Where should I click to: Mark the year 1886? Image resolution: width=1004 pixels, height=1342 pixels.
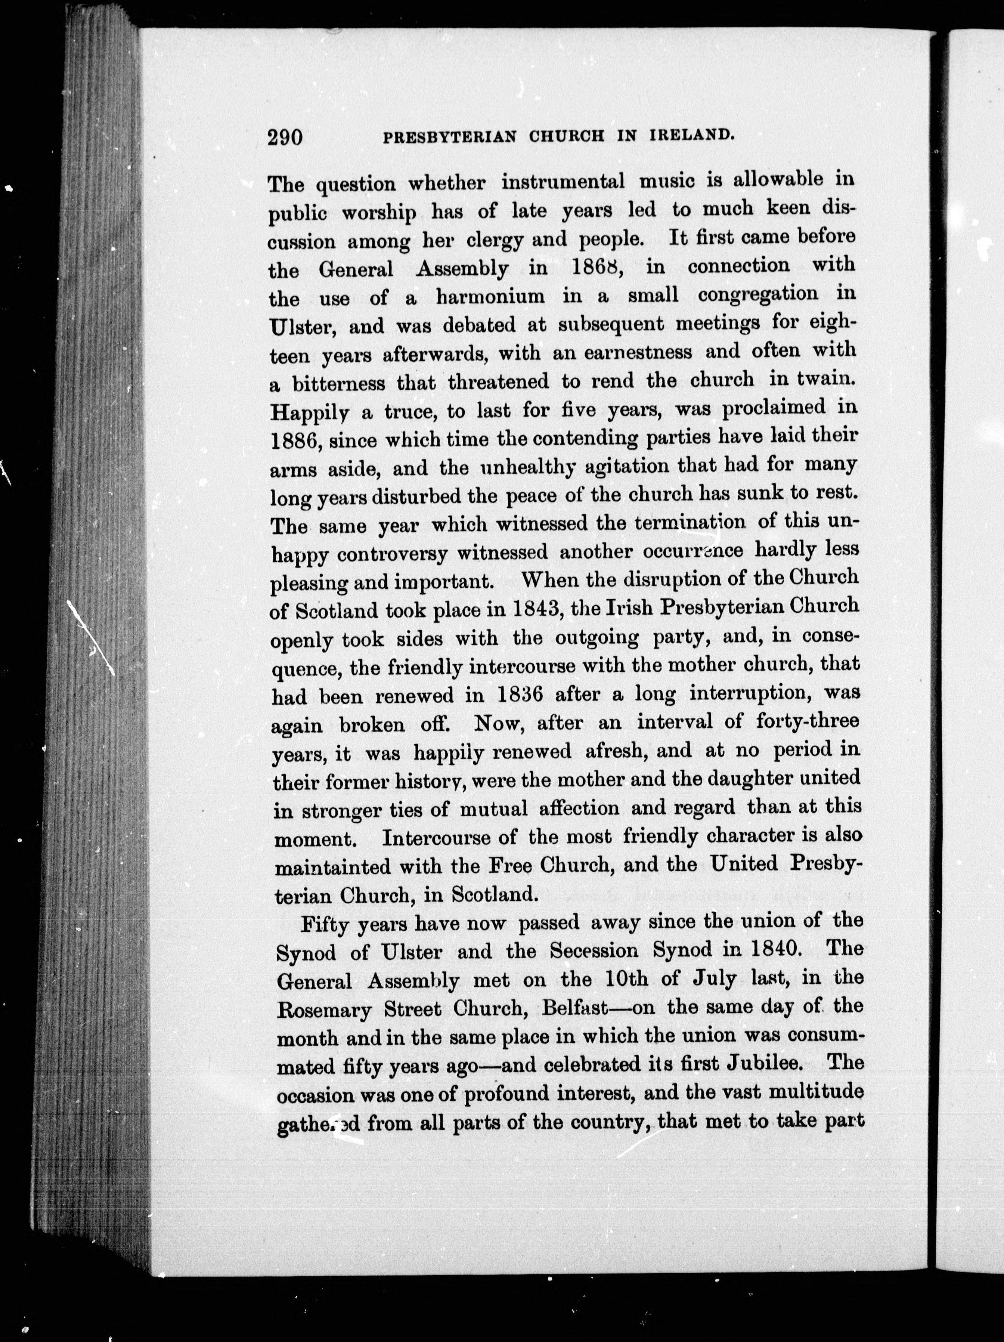(296, 439)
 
